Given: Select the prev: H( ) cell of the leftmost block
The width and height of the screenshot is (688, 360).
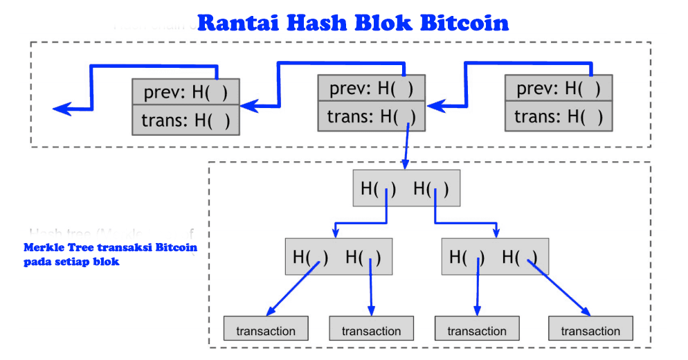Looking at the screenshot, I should (185, 92).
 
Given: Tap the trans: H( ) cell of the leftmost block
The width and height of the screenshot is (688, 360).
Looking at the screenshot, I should (185, 120).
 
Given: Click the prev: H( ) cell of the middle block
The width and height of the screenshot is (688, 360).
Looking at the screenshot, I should (371, 89).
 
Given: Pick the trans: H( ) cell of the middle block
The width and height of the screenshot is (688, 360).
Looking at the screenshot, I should (371, 117).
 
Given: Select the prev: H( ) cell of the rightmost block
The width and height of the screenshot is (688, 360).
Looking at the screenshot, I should (559, 89).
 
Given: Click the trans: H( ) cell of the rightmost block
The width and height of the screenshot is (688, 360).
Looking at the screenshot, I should (559, 117).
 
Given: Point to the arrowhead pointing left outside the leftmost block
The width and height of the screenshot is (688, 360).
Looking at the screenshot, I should (62, 109).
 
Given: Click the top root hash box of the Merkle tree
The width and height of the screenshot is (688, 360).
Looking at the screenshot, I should (406, 188).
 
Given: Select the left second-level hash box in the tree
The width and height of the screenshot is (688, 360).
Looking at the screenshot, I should (338, 257).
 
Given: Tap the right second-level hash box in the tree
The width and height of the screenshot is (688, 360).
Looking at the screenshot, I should (494, 257).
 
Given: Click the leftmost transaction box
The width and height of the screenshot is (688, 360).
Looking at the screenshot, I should (266, 330).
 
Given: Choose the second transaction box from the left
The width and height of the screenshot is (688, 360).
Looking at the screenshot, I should (371, 330).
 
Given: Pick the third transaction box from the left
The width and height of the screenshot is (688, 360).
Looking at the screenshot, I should (476, 330).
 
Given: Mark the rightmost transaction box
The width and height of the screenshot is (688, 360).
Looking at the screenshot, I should (590, 330).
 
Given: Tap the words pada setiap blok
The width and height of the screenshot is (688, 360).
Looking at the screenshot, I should (71, 262).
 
